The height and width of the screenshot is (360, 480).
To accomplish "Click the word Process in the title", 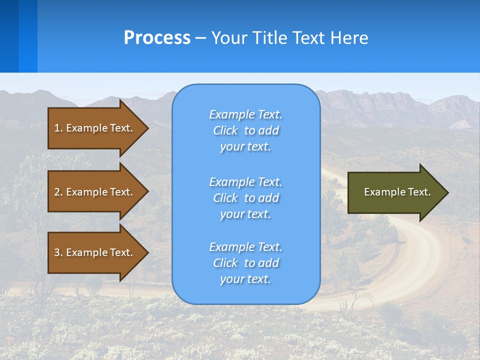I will click(157, 38).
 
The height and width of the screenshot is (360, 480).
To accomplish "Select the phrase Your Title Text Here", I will click(289, 38).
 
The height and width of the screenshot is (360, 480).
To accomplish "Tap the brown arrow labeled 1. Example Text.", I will click(95, 128).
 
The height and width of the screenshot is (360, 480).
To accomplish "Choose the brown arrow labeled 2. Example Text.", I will click(95, 192).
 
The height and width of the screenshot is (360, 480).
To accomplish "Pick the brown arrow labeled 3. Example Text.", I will click(95, 252).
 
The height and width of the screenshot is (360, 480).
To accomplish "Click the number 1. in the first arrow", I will click(58, 128).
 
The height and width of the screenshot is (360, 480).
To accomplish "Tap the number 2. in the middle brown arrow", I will click(58, 192).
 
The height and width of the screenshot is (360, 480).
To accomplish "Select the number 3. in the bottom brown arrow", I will click(58, 252).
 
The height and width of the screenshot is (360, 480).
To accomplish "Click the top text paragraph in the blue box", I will click(245, 130).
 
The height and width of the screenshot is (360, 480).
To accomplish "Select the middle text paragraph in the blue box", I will click(245, 198).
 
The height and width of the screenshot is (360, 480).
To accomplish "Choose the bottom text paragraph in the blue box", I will click(245, 263).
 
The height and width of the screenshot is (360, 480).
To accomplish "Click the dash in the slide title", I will click(201, 38).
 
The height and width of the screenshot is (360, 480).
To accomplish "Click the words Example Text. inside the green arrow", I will click(397, 192).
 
